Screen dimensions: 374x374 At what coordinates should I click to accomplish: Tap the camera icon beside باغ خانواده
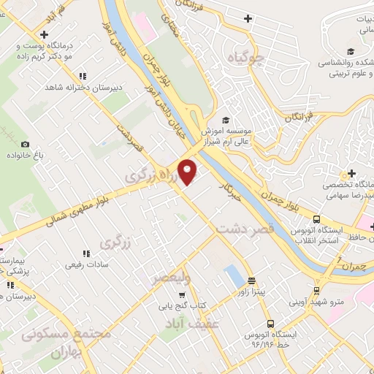[x=26, y=145]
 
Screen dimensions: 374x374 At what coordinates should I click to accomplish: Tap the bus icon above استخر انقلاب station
[x=316, y=219]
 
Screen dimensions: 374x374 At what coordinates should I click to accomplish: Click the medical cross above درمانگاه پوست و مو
[x=45, y=34]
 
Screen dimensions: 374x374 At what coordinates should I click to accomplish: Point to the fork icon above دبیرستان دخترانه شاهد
[x=83, y=76]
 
